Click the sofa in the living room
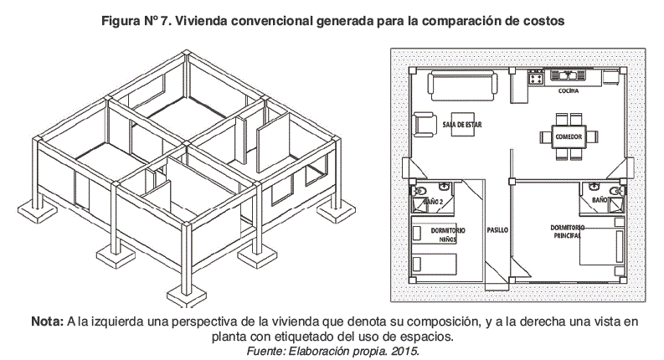(463, 84)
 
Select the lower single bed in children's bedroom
(435, 265)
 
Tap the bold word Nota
(47, 321)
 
